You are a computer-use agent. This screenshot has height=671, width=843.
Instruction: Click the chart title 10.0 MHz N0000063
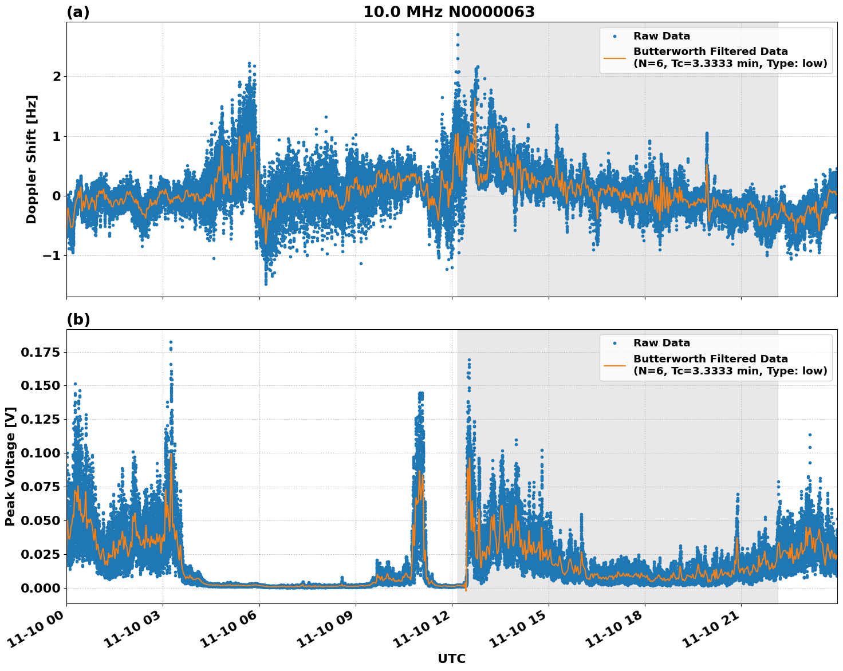pyautogui.click(x=449, y=12)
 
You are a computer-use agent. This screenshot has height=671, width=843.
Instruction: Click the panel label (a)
pyautogui.click(x=78, y=12)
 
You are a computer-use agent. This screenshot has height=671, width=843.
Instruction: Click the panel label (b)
pyautogui.click(x=78, y=319)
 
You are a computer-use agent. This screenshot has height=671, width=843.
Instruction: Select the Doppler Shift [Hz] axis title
pyautogui.click(x=31, y=159)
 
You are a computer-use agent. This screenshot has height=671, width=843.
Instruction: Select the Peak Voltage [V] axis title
pyautogui.click(x=10, y=466)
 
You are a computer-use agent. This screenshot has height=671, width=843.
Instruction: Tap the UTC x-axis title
pyautogui.click(x=451, y=658)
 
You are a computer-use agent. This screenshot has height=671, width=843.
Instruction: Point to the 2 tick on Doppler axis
pyautogui.click(x=57, y=76)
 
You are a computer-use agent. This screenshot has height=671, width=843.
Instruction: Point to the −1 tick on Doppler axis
pyautogui.click(x=52, y=255)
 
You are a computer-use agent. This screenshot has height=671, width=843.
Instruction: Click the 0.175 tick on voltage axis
pyautogui.click(x=40, y=352)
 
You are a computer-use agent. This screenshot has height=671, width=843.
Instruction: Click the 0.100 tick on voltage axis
pyautogui.click(x=40, y=453)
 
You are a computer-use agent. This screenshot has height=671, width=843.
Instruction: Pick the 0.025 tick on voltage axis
pyautogui.click(x=40, y=554)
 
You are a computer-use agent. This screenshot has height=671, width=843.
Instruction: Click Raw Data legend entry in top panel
pyautogui.click(x=661, y=36)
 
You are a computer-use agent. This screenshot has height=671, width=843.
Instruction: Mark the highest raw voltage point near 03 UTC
pyautogui.click(x=171, y=342)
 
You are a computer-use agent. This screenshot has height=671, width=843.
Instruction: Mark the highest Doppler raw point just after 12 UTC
pyautogui.click(x=458, y=34)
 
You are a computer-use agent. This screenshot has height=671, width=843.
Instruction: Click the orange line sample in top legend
pyautogui.click(x=614, y=57)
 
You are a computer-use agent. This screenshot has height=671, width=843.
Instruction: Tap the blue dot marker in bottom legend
pyautogui.click(x=614, y=343)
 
